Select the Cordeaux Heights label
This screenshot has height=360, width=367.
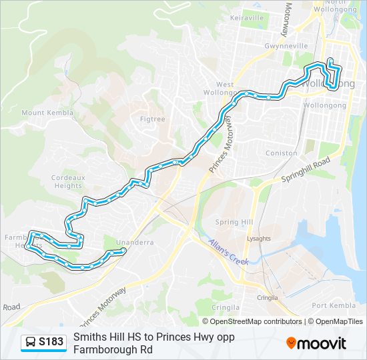[67, 181]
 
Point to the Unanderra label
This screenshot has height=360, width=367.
[130, 242]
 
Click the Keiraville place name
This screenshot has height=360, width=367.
[246, 17]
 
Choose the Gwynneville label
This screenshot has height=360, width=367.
[285, 46]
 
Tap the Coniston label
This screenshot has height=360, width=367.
[282, 153]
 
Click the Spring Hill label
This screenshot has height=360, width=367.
[234, 222]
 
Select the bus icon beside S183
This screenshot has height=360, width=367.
[31, 342]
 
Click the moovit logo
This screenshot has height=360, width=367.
[316, 343]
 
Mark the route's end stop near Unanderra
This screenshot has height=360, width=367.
[123, 251]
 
